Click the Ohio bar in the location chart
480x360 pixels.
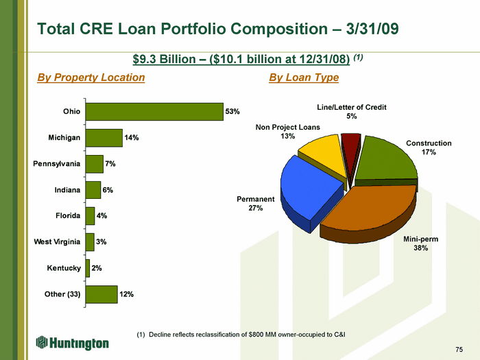click(154, 112)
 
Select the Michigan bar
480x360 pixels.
click(104, 138)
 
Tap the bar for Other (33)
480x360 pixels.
click(101, 294)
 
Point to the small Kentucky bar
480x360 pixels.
click(88, 268)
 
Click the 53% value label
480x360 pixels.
click(232, 111)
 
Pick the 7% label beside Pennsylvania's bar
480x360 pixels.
click(110, 164)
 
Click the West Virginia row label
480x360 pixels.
click(57, 242)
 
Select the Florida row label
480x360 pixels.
click(68, 216)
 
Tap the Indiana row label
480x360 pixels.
click(67, 190)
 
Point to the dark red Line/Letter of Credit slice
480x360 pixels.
click(351, 150)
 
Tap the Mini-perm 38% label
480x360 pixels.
click(420, 243)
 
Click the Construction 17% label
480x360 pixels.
click(429, 147)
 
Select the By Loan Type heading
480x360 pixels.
click(304, 77)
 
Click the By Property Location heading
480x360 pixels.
click(91, 77)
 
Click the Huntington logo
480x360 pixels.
click(72, 343)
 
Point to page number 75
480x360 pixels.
click(459, 349)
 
